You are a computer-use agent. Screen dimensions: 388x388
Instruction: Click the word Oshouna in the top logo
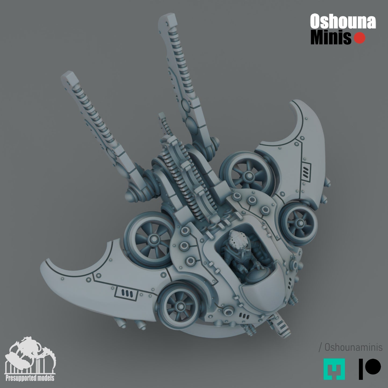tap(343, 21)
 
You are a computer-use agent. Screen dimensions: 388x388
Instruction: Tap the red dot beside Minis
tap(360, 38)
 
